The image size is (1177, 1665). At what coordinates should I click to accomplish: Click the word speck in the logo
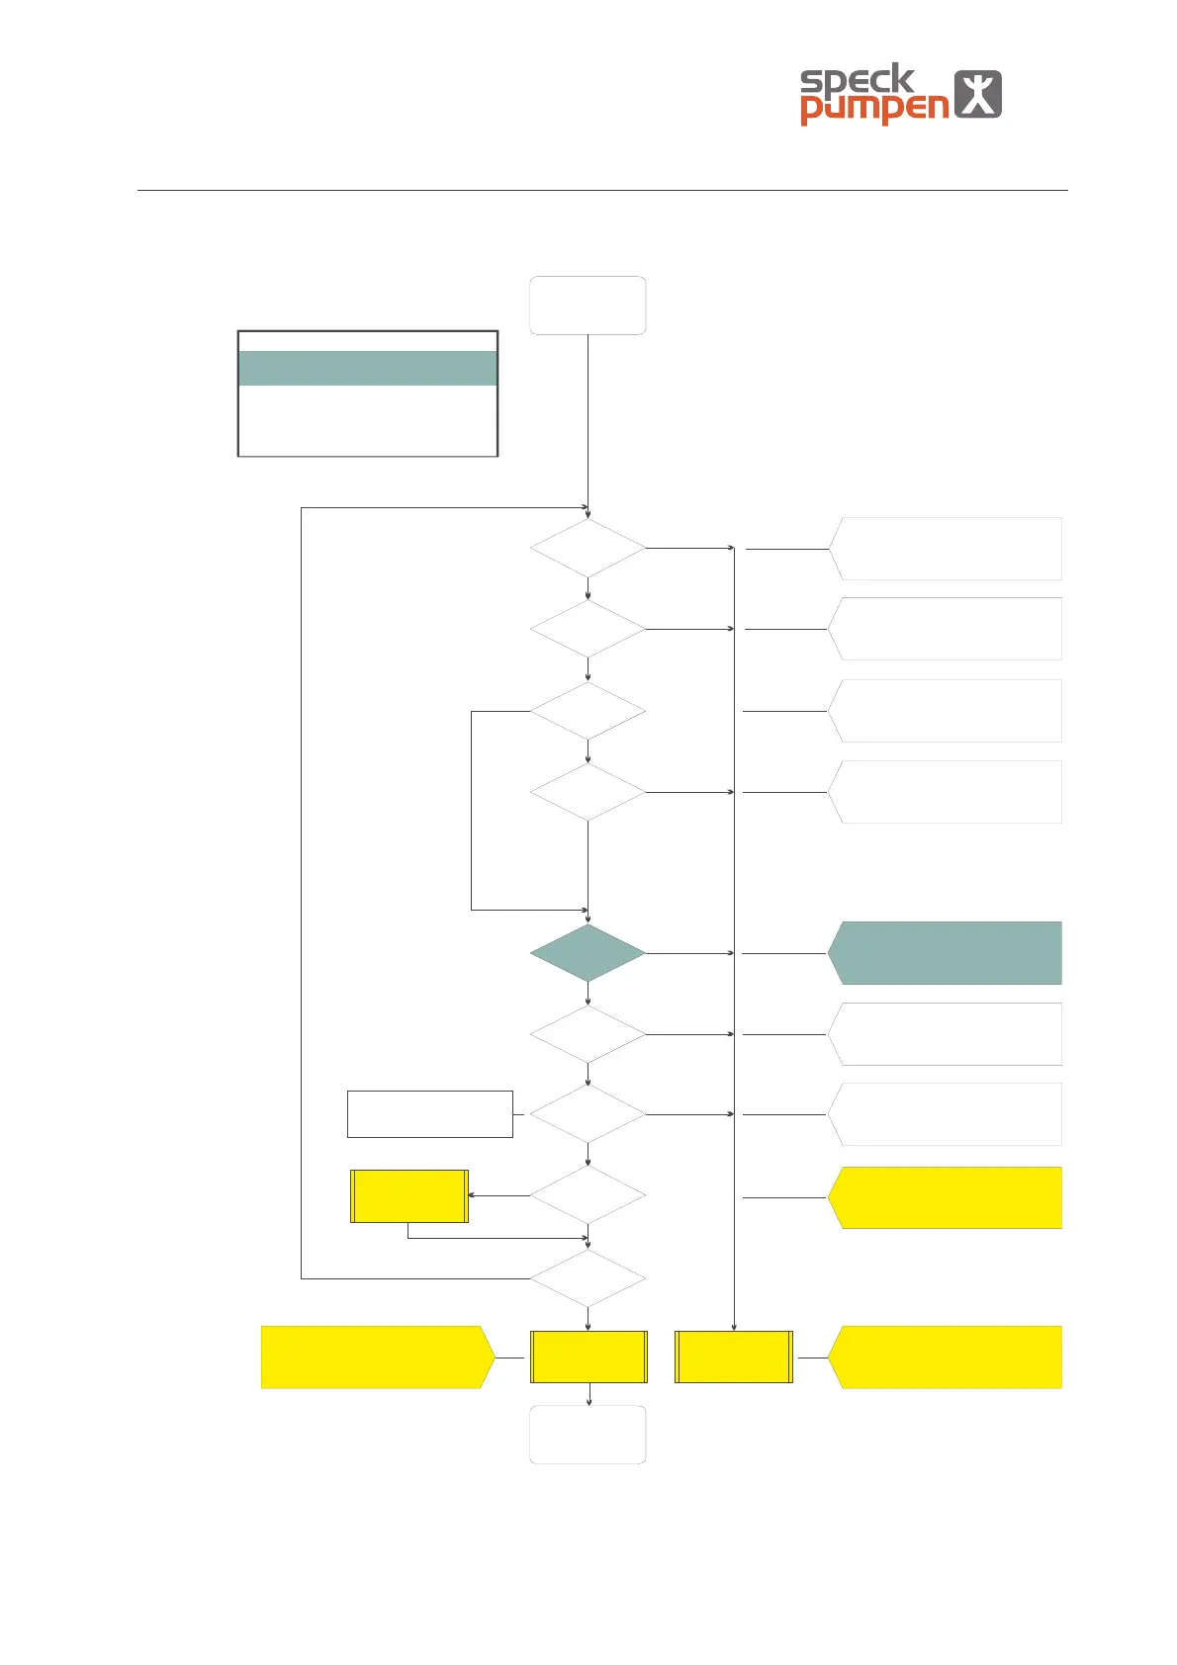pyautogui.click(x=857, y=80)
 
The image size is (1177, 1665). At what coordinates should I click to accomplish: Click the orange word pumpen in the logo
pyautogui.click(x=874, y=109)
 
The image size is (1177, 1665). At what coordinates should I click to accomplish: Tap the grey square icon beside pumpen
pyautogui.click(x=977, y=95)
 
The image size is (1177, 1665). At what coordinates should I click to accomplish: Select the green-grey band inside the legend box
pyautogui.click(x=368, y=368)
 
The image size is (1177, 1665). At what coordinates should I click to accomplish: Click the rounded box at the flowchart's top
pyautogui.click(x=588, y=306)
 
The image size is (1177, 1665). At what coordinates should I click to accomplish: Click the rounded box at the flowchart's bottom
pyautogui.click(x=588, y=1435)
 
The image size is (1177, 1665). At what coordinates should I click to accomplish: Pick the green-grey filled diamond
pyautogui.click(x=588, y=953)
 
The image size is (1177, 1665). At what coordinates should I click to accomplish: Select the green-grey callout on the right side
pyautogui.click(x=946, y=953)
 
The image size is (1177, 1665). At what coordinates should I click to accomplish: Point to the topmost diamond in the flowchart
pyautogui.click(x=588, y=548)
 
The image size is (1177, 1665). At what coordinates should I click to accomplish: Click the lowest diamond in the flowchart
pyautogui.click(x=588, y=1278)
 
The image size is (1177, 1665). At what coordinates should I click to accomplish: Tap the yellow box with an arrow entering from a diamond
pyautogui.click(x=409, y=1196)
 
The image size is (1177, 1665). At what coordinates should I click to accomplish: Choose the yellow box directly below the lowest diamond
pyautogui.click(x=588, y=1357)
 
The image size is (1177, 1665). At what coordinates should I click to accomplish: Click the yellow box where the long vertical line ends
pyautogui.click(x=734, y=1357)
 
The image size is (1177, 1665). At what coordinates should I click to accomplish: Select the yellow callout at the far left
pyautogui.click(x=376, y=1358)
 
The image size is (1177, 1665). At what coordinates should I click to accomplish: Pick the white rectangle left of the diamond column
pyautogui.click(x=429, y=1114)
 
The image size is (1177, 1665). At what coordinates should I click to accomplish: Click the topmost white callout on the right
pyautogui.click(x=946, y=548)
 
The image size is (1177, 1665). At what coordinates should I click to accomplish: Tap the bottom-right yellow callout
pyautogui.click(x=946, y=1358)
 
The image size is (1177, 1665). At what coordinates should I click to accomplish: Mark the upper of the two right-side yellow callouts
pyautogui.click(x=946, y=1197)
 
